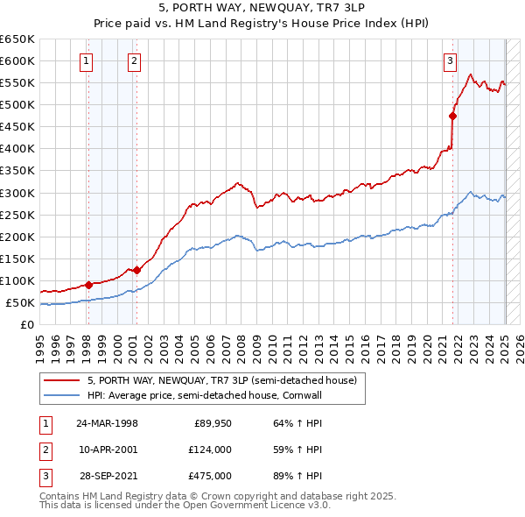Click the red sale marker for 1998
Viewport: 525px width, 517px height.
pos(89,285)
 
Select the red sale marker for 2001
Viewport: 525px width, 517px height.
pos(136,270)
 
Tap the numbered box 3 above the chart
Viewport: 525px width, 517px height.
pos(449,60)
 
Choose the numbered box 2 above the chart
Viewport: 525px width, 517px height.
pos(134,60)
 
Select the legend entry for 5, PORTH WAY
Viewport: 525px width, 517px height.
pos(221,380)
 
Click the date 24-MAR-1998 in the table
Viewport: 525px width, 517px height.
pos(107,423)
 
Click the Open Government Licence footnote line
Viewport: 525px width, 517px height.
pos(184,506)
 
